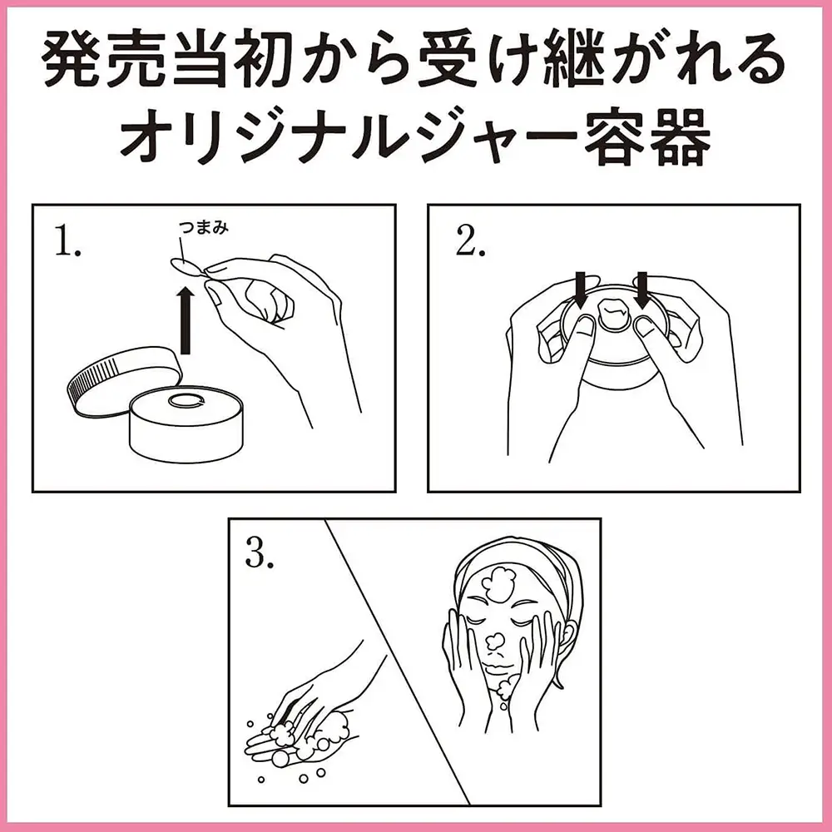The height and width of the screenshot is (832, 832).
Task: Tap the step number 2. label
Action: (470, 243)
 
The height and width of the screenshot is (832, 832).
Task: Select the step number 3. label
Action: (260, 554)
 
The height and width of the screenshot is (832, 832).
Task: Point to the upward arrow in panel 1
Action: (186, 320)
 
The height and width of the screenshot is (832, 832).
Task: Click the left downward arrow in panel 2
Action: (581, 290)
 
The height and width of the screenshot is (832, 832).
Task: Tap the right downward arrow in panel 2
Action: (642, 290)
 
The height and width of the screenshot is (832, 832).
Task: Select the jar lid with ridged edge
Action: (125, 380)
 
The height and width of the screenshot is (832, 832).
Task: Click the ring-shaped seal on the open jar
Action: (186, 402)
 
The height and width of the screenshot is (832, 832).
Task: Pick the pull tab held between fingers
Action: (186, 266)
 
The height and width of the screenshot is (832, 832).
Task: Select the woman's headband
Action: (518, 557)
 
